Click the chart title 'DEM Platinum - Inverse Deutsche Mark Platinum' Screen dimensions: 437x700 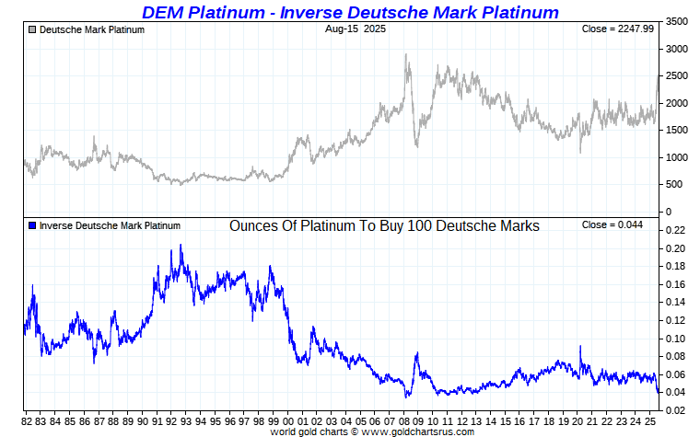[x=350, y=12]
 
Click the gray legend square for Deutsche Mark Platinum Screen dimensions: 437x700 [x=33, y=29]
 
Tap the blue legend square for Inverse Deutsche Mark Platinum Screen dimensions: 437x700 [x=33, y=225]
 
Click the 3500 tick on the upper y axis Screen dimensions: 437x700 [x=675, y=21]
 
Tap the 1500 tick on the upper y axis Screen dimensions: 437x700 [x=675, y=131]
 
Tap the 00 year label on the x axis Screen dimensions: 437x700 [x=289, y=421]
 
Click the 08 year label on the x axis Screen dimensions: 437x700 [x=405, y=421]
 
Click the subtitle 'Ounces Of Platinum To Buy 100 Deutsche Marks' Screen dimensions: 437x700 [x=384, y=225]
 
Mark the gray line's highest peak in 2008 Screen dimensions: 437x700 [x=406, y=54]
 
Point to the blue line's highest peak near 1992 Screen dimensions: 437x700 [x=181, y=245]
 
